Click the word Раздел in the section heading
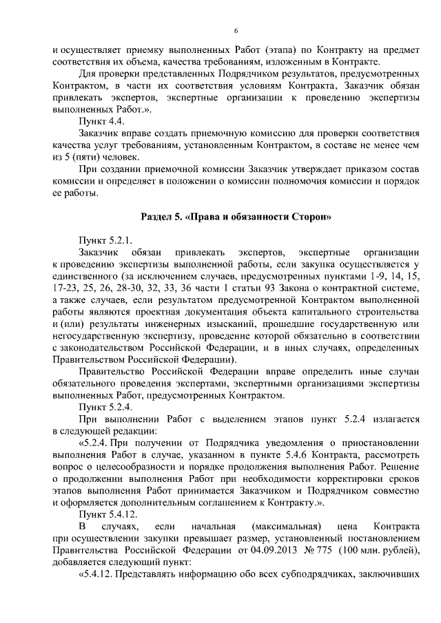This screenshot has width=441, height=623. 158,218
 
